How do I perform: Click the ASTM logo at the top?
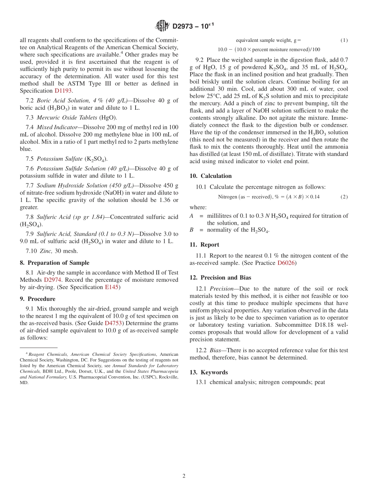pos(162,26)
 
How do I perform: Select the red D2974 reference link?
pos(52,280)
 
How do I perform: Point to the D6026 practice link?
pos(286,263)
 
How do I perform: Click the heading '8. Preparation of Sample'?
pos(54,263)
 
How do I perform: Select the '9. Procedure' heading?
pos(37,299)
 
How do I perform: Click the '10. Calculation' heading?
pos(210,176)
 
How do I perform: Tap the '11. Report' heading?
pos(204,245)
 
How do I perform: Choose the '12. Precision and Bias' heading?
pos(220,278)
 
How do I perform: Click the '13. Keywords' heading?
pos(208,372)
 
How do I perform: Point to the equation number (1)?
pos(344,40)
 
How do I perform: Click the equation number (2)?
pos(344,197)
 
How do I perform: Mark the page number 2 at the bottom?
pos(184,476)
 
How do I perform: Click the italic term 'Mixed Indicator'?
pos(57,127)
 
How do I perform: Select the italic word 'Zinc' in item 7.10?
pos(43,251)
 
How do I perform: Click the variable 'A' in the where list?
pos(191,216)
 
